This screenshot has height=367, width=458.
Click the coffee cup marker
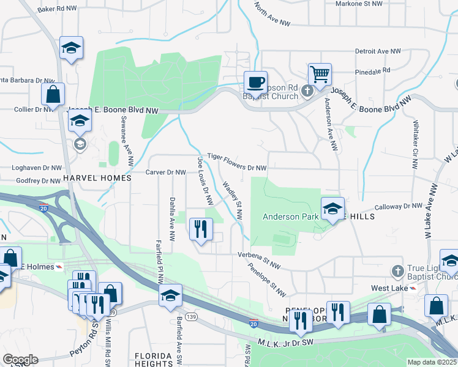click(255, 81)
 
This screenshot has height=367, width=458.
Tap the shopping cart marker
click(320, 75)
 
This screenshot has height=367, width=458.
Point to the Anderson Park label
click(291, 217)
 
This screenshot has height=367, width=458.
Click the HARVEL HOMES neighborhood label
click(97, 178)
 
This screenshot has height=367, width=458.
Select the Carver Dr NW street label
click(165, 172)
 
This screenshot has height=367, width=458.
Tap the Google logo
click(20, 360)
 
